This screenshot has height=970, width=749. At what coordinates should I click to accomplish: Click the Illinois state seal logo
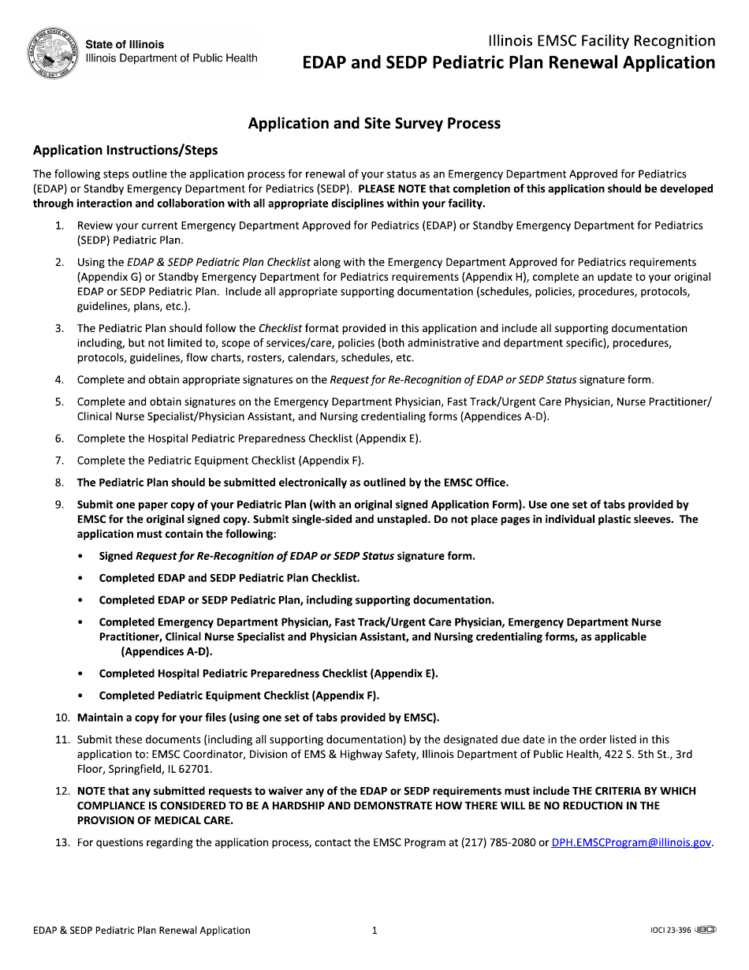click(53, 53)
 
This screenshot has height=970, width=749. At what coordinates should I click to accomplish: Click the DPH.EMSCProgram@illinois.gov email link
click(631, 842)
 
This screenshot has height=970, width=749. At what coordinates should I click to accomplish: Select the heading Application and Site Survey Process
click(374, 123)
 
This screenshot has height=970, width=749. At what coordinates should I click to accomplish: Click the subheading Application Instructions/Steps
click(125, 150)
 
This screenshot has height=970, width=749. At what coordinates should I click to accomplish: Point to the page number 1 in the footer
click(374, 931)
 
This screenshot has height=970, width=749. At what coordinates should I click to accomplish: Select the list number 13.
click(62, 842)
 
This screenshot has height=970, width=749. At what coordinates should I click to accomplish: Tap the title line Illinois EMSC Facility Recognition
click(602, 40)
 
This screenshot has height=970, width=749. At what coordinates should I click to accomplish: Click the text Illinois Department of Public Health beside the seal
click(171, 58)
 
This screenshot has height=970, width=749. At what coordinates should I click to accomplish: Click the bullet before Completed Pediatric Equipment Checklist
click(82, 696)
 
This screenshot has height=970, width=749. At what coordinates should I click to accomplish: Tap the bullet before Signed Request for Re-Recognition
click(82, 556)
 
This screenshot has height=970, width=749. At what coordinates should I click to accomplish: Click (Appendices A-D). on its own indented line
click(166, 651)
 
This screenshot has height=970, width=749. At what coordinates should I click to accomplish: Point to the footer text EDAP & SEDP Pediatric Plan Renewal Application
click(141, 931)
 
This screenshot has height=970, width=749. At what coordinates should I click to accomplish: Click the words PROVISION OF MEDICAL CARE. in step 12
click(155, 820)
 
